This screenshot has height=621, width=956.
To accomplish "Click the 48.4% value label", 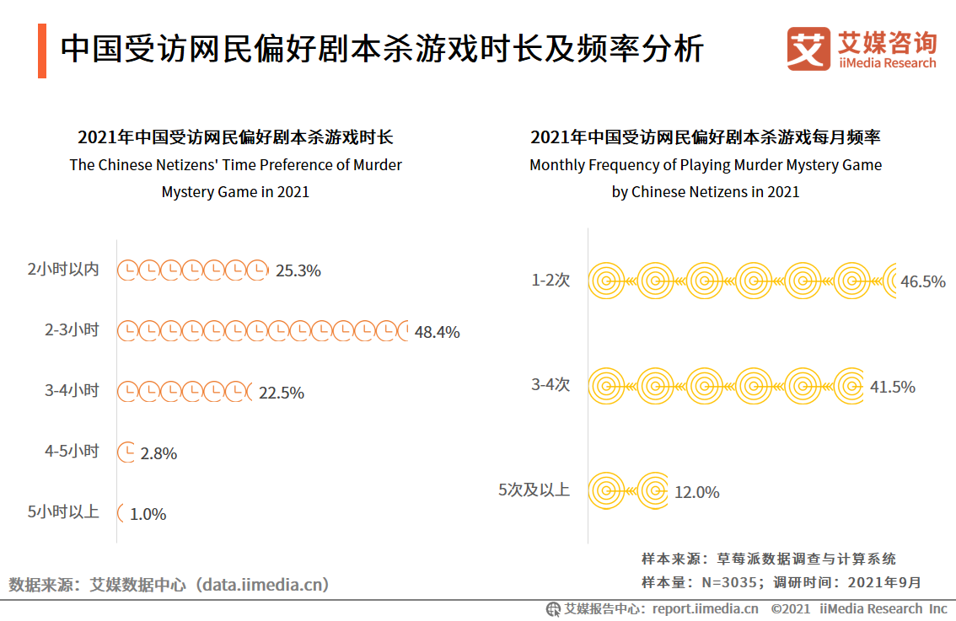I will pos(437,332).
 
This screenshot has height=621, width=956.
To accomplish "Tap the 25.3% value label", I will pos(298,270).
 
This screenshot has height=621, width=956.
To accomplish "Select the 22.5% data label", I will pos(281,393).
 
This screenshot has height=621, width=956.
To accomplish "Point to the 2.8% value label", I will pos(158,453).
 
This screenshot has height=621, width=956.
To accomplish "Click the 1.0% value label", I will pos(148,514).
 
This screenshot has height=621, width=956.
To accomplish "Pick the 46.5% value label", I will pos(922,281).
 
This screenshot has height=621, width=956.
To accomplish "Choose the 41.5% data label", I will pos(892,387).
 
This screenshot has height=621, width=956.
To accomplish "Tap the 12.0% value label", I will pos(696,492).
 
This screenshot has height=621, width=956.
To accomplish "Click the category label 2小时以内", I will pos(63,270).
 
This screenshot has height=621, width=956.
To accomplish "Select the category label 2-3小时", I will pos(72,330).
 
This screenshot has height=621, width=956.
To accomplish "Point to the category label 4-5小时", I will pos(72,451).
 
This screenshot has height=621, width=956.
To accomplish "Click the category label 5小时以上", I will pos(63,511).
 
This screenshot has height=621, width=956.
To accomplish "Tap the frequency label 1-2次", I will pos(551,280).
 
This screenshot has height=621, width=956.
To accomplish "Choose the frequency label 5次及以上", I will pos(534,490).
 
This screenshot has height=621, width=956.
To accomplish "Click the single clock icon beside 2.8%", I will pos(126,452).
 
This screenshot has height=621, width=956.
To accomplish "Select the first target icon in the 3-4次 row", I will pos(605,387).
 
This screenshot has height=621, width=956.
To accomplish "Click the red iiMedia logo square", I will pos(808,50).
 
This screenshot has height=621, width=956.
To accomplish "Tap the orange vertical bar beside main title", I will pos(42,51).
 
